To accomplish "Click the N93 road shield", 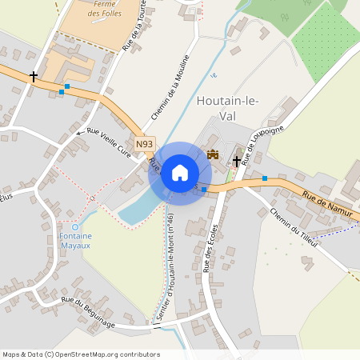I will point(144,144).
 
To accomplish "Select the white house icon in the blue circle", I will point(179,173).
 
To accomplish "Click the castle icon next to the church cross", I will point(213,154).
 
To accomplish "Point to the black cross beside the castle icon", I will point(237,161).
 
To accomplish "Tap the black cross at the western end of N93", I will point(34,77).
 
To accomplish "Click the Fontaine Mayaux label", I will point(76,241).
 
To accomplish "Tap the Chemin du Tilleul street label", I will point(294,227).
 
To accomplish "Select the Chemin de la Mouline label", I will point(170,89).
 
